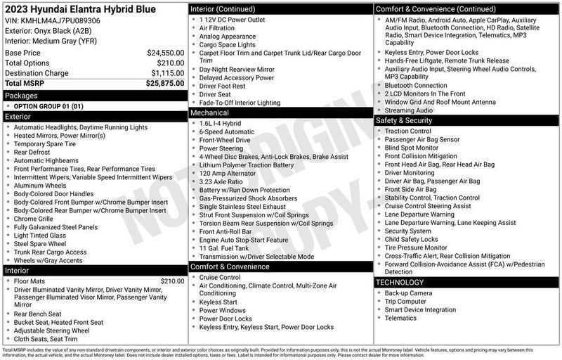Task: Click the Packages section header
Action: [x=21, y=94]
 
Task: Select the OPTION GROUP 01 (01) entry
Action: [x=48, y=105]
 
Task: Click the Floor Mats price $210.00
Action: [x=171, y=281]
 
